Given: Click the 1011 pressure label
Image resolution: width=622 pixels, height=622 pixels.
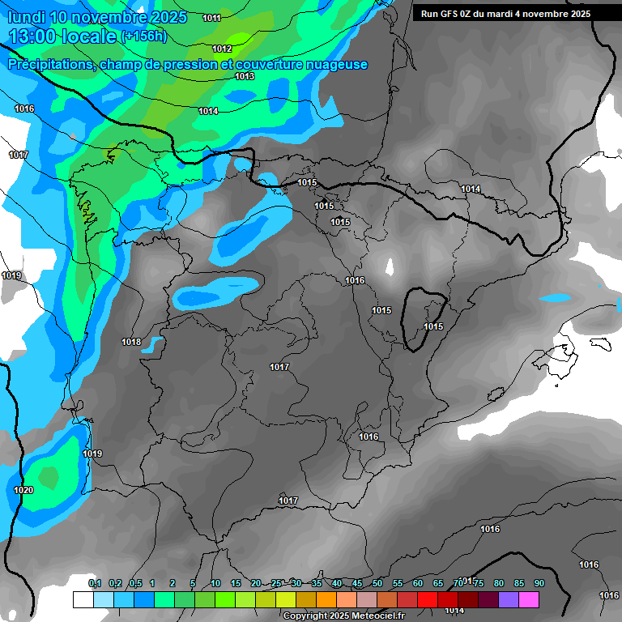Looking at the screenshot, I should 212,18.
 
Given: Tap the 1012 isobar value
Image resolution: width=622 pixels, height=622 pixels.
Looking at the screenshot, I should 222,49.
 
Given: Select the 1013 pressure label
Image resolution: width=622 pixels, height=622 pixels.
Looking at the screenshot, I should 245,76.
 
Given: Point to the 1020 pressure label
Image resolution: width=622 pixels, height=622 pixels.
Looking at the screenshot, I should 23,490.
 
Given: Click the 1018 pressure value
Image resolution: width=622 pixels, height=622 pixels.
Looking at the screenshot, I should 131,342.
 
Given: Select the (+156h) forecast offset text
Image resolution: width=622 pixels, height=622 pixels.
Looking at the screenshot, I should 143,36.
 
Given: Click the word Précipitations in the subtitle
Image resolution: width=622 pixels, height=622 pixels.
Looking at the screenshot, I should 51,65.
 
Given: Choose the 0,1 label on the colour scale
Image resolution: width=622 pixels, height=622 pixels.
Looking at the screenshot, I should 95,583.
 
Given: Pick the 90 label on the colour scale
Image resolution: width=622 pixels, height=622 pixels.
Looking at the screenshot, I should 539,583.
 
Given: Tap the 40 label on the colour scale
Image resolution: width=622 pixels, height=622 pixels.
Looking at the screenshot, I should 337,583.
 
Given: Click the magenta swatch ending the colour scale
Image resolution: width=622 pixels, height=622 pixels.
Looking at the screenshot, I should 529,599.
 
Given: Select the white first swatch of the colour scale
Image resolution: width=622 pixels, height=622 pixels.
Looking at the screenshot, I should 83,599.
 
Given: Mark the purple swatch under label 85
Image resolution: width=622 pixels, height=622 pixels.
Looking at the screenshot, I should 509,599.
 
